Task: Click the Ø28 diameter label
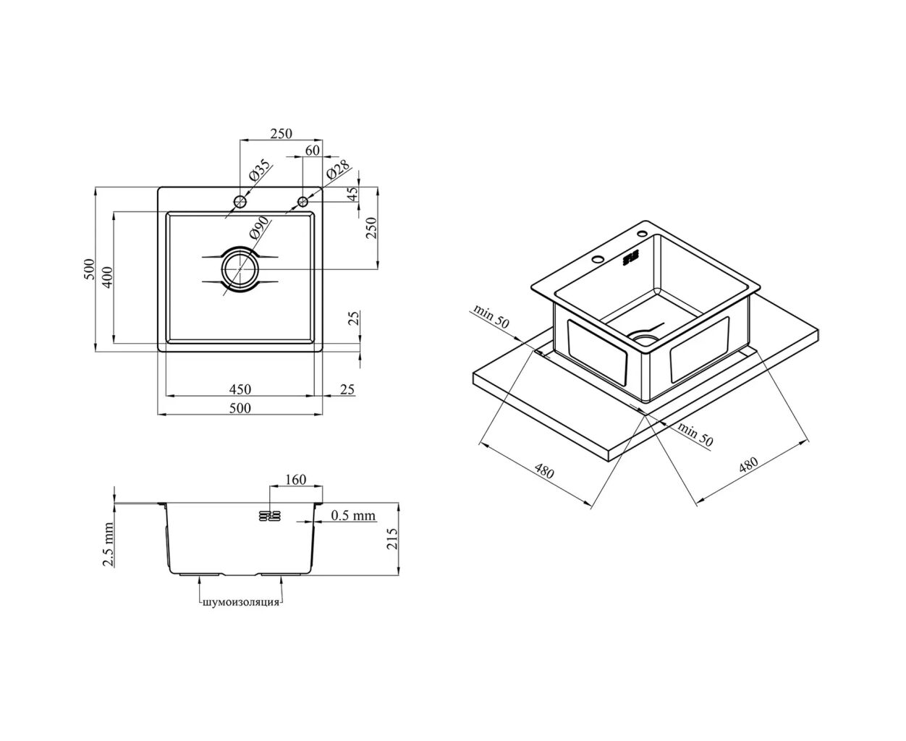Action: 338,172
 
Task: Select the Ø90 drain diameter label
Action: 258,228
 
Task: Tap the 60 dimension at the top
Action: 313,151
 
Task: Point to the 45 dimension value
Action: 352,194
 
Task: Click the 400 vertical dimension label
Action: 108,277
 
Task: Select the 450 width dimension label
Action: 240,389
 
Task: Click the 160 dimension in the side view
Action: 295,479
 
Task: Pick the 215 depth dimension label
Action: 393,538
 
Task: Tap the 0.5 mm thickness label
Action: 353,515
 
